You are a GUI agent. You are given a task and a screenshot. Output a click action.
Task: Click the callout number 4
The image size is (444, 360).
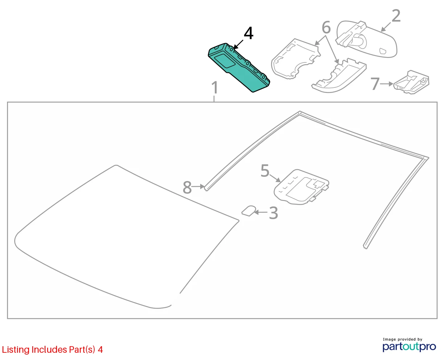pos(248,33)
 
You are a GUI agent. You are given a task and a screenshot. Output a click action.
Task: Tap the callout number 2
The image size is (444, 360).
pos(396,16)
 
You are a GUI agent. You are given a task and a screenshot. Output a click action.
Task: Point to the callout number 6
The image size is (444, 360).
pos(326,27)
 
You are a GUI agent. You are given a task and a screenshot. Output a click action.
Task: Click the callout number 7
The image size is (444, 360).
pos(375,84)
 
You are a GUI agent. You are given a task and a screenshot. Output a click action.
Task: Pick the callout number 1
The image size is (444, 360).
pos(215,87)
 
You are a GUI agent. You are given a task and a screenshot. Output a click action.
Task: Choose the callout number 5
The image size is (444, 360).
pos(265,171)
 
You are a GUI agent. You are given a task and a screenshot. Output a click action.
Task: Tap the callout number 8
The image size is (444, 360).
pos(187,187)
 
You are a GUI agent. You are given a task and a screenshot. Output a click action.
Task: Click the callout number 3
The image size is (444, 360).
pos(274,213)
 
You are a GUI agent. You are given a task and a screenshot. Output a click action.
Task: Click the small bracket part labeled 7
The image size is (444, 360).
pos(411,82)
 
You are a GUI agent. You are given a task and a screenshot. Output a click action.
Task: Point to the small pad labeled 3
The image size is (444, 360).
pos(249,211)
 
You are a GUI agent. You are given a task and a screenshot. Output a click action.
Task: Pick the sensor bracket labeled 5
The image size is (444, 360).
pos(301,187)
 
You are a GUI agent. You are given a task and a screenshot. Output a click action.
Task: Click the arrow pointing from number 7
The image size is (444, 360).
pos(387,84)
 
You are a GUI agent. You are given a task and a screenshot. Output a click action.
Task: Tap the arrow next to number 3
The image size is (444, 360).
pos(261,212)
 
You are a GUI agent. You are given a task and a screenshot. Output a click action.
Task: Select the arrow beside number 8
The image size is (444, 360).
pos(198,186)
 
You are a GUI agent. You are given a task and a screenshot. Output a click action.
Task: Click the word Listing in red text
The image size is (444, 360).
pos(16,350)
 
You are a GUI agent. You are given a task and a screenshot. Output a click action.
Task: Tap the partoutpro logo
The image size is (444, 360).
pos(409,346)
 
